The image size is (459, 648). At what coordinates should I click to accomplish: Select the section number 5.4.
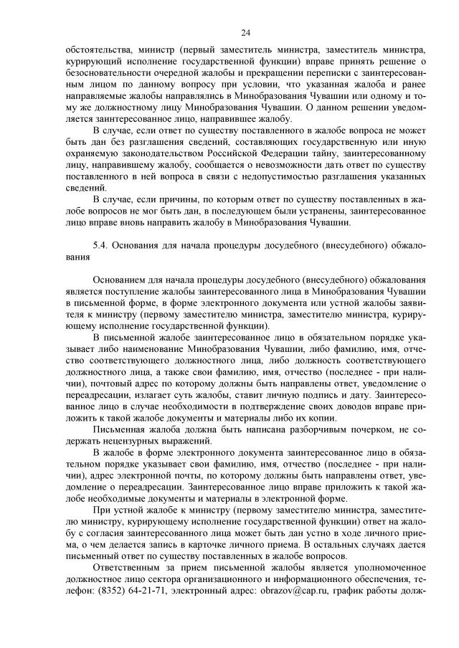coord(102,246)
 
